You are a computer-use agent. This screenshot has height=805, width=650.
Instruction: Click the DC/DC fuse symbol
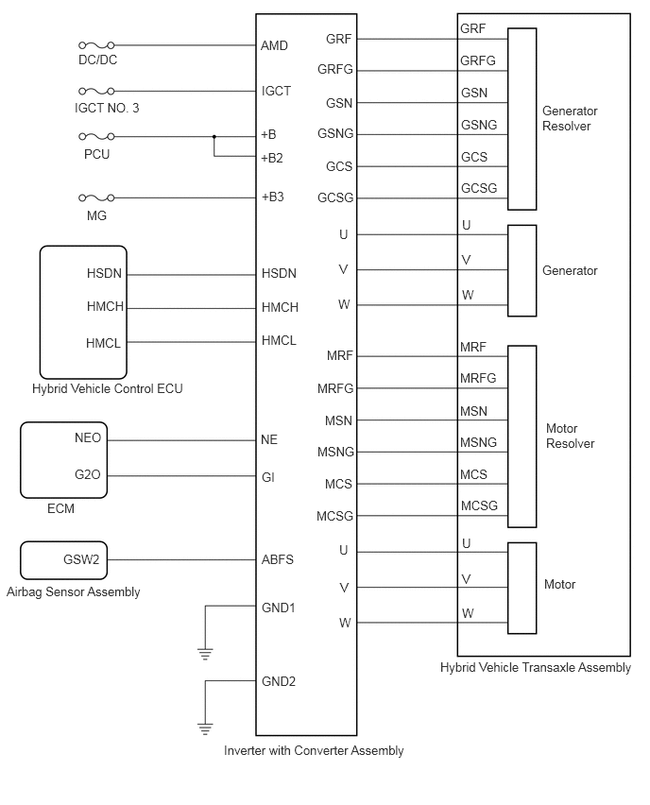[x=96, y=45]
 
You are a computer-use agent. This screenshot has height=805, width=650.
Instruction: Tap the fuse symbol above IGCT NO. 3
[x=96, y=91]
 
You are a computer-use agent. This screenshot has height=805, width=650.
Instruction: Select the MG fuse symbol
[x=96, y=197]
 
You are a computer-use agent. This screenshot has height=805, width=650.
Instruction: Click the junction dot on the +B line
[x=214, y=137]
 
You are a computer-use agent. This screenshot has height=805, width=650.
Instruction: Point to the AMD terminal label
[x=274, y=45]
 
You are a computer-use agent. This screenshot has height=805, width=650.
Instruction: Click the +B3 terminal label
[x=273, y=197]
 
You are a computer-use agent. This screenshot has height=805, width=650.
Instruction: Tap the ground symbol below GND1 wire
[x=205, y=654]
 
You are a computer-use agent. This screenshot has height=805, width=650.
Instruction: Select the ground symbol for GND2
[x=205, y=728]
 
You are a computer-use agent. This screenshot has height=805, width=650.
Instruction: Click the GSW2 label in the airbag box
[x=81, y=559]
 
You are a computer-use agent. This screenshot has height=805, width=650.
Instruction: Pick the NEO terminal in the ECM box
[x=88, y=437]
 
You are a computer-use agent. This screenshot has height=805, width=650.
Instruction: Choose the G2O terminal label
[x=88, y=474]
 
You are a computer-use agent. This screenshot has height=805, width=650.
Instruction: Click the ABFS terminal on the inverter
[x=278, y=559]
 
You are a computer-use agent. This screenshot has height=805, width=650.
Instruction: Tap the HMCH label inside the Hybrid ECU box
[x=105, y=306]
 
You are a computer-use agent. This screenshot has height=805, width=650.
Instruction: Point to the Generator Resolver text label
[x=570, y=119]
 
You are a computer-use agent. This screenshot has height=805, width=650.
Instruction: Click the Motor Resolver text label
[x=570, y=436]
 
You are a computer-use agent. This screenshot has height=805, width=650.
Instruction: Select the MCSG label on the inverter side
[x=335, y=516]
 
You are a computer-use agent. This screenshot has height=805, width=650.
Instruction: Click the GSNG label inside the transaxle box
[x=479, y=125]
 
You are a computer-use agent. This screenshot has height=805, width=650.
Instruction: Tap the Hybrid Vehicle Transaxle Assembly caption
[x=536, y=667]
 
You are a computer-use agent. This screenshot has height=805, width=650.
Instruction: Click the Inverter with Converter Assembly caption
[x=314, y=750]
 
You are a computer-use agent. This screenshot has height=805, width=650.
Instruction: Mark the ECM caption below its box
[x=60, y=508]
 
